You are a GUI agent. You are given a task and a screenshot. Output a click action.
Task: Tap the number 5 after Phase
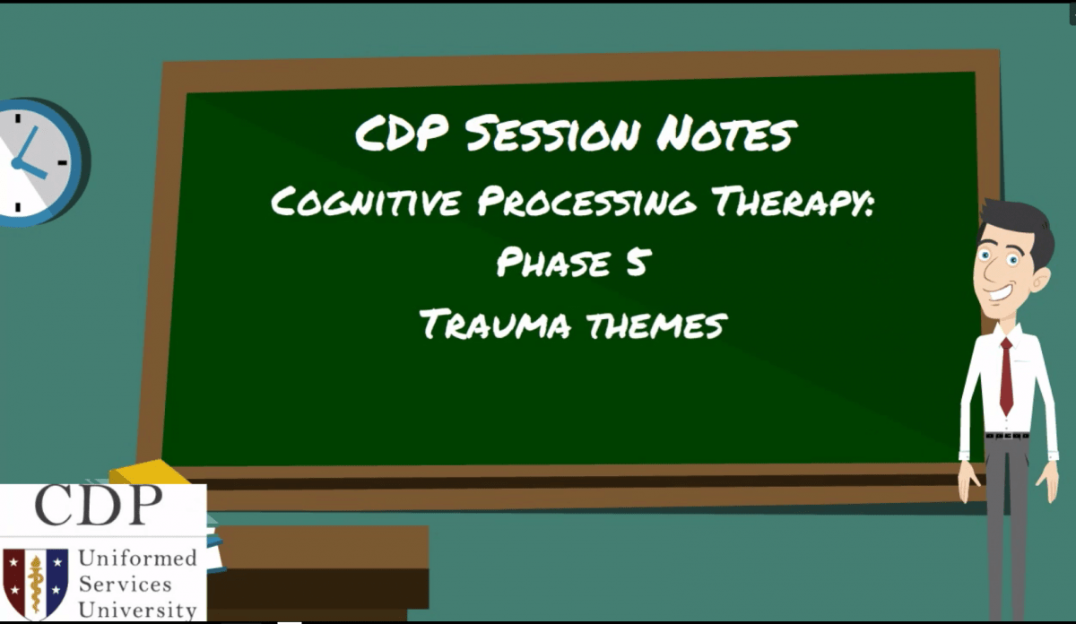click(x=635, y=264)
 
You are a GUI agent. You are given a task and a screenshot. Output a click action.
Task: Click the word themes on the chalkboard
click(x=655, y=324)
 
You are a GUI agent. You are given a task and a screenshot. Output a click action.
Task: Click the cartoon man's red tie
click(x=1006, y=377)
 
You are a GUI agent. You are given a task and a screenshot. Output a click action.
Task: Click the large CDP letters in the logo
click(x=99, y=507)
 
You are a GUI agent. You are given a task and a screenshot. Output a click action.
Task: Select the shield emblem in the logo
click(x=35, y=581)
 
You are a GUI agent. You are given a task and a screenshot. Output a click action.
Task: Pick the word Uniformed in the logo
click(x=137, y=559)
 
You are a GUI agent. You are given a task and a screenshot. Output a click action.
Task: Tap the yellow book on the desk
click(x=148, y=472)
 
